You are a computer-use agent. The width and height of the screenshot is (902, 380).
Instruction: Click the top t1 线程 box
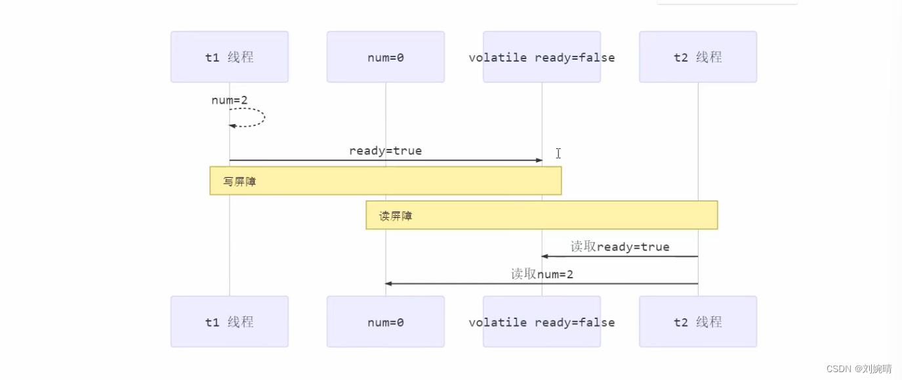point(229,57)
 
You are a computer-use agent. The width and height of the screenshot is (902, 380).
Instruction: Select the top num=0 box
point(385,57)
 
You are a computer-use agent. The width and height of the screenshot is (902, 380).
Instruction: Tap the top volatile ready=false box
point(541,57)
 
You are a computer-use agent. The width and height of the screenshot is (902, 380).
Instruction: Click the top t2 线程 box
point(697,57)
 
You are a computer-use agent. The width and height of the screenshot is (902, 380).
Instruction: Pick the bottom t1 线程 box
point(229,322)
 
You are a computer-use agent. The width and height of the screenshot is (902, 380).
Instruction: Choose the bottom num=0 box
point(385,322)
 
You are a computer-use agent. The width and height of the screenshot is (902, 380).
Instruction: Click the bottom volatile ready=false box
point(541,322)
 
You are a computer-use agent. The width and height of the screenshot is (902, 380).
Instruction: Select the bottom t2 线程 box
point(697,322)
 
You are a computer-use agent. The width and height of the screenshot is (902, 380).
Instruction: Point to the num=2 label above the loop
point(230,100)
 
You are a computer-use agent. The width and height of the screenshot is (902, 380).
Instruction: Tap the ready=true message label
point(385,151)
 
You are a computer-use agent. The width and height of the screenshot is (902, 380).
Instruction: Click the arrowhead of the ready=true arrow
point(539,160)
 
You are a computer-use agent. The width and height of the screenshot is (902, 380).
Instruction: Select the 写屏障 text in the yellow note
point(239,182)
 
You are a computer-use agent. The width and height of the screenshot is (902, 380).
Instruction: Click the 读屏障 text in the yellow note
point(396,216)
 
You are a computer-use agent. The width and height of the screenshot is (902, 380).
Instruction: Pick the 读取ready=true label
point(620,247)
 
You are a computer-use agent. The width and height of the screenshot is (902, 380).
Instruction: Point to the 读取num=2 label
point(542,274)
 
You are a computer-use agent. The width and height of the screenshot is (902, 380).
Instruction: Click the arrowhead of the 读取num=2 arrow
point(388,284)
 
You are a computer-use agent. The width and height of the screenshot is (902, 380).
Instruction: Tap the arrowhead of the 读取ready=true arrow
point(544,257)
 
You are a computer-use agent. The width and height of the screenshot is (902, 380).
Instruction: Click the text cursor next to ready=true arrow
point(558,153)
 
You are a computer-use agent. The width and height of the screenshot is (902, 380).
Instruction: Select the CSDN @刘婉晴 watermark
point(859,369)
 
